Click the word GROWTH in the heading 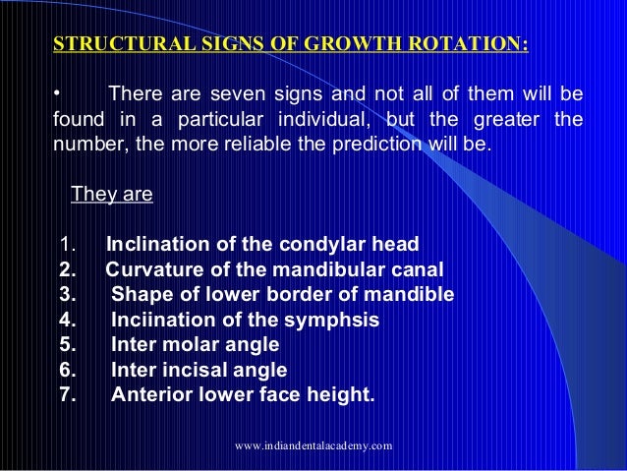tap(359, 45)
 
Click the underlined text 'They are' tap(112, 195)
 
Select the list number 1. tap(67, 244)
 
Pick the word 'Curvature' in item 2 tap(153, 269)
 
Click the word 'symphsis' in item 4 tap(340, 321)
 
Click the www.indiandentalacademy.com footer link tap(314, 446)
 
